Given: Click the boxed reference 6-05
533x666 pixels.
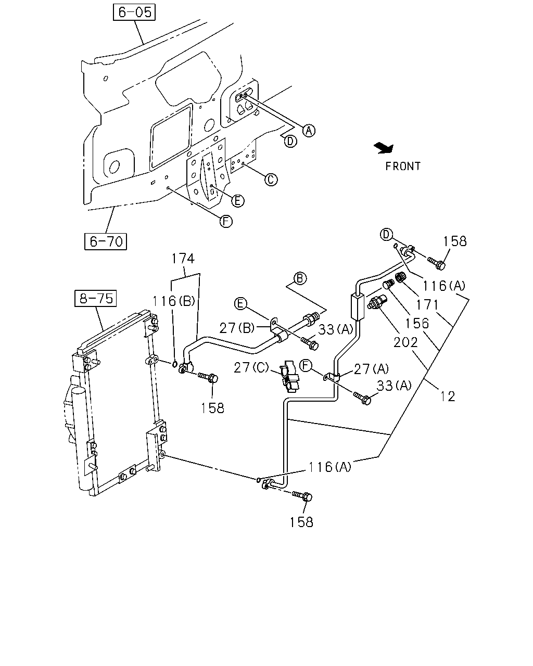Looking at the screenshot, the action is pyautogui.click(x=134, y=12).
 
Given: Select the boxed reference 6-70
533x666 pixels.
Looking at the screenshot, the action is pyautogui.click(x=106, y=241).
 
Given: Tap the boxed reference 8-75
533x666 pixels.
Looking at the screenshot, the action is pyautogui.click(x=96, y=298).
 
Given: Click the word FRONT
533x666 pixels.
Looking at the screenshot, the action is pyautogui.click(x=403, y=166).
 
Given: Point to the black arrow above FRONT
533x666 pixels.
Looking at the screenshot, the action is pyautogui.click(x=384, y=148).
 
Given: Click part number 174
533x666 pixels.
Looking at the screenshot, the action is pyautogui.click(x=183, y=259).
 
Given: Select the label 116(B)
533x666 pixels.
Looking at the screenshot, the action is pyautogui.click(x=173, y=301).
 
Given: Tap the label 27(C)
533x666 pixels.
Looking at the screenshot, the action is pyautogui.click(x=251, y=368).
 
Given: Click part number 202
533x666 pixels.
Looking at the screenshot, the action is pyautogui.click(x=405, y=342).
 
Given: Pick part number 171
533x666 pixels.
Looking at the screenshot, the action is pyautogui.click(x=427, y=305).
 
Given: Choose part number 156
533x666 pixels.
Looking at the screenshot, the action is pyautogui.click(x=417, y=324).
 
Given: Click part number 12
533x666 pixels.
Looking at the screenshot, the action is pyautogui.click(x=448, y=396).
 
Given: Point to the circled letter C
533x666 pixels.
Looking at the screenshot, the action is pyautogui.click(x=271, y=180).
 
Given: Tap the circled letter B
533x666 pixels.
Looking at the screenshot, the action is pyautogui.click(x=300, y=278).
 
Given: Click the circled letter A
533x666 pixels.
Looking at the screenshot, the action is pyautogui.click(x=309, y=131).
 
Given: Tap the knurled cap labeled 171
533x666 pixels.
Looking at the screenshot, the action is pyautogui.click(x=401, y=276).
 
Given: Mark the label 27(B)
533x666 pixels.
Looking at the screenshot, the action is pyautogui.click(x=237, y=328).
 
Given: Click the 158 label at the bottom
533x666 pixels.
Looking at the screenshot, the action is pyautogui.click(x=301, y=522).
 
